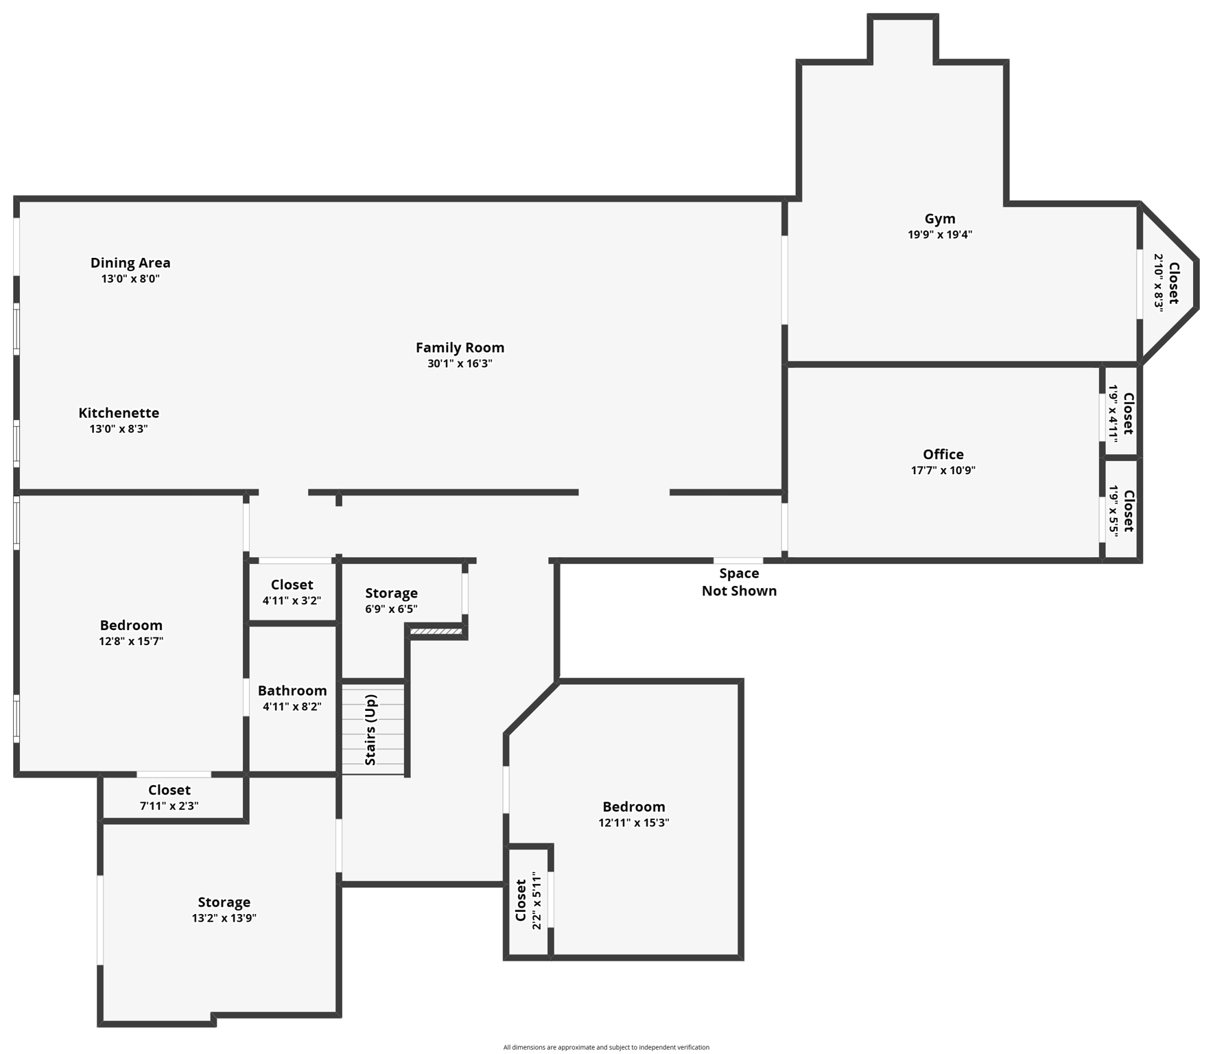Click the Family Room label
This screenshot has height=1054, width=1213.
click(460, 348)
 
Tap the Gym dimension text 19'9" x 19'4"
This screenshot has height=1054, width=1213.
click(939, 235)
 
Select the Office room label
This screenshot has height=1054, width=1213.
click(943, 454)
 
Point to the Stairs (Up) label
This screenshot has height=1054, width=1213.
click(370, 730)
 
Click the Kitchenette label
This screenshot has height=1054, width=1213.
click(119, 413)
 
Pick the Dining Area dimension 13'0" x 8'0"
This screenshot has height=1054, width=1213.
click(130, 279)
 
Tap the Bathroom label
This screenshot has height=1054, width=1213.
click(292, 691)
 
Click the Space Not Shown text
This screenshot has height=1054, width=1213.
click(739, 582)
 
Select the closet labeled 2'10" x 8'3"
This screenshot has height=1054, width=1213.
click(1166, 283)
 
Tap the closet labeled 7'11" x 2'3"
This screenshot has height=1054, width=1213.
click(169, 797)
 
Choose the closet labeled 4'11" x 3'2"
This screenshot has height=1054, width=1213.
click(292, 592)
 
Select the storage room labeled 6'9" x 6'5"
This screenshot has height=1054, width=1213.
click(391, 600)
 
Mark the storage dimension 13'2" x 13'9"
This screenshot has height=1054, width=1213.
click(224, 918)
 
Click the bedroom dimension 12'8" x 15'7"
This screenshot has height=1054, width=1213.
click(131, 642)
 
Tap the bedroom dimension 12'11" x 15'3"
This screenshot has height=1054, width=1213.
click(633, 823)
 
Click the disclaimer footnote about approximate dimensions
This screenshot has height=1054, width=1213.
click(606, 1047)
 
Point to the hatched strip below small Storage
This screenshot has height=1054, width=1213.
click(436, 631)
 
